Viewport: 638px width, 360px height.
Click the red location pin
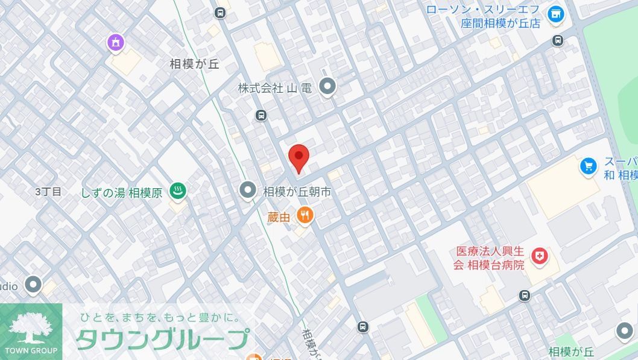[x=298, y=157]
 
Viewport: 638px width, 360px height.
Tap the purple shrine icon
[x=115, y=42]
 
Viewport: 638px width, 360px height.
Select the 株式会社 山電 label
[x=274, y=88]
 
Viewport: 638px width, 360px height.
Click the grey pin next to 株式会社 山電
[x=327, y=87]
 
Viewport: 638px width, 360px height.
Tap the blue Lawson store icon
[x=555, y=13]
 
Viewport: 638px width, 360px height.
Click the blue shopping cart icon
[x=588, y=166]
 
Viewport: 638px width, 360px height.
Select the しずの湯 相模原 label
[x=122, y=193]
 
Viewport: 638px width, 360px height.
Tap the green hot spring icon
[x=177, y=192]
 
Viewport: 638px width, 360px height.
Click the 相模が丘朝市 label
[x=297, y=192]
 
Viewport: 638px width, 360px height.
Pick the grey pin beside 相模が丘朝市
[x=248, y=191]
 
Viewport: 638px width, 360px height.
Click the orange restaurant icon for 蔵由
[x=305, y=216]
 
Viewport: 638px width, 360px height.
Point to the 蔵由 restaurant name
[x=279, y=216]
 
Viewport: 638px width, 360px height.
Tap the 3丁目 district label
[x=48, y=192]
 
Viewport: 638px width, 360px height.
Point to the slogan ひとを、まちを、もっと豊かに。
[x=160, y=317]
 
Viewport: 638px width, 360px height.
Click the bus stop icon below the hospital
[x=525, y=295]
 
